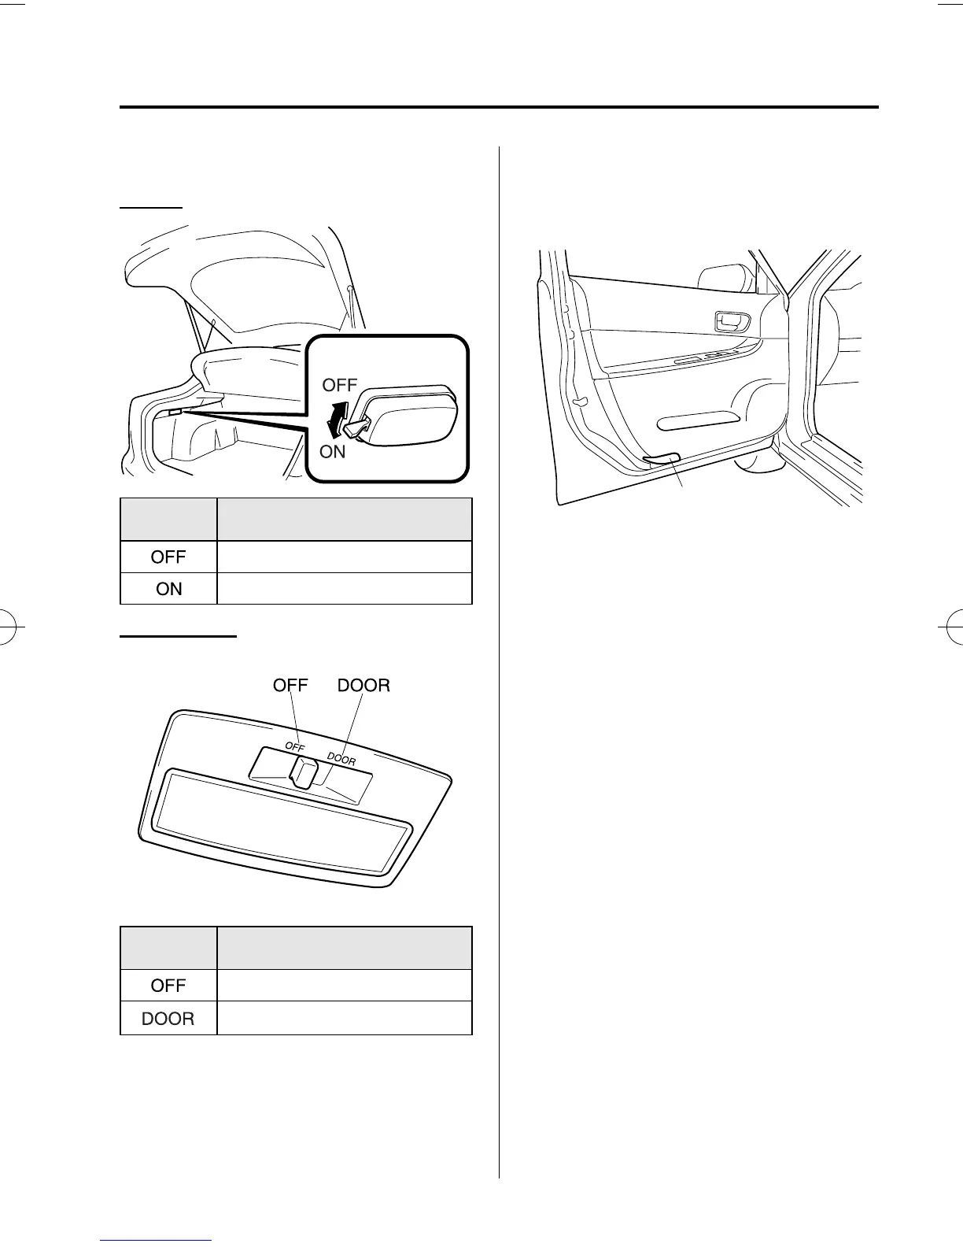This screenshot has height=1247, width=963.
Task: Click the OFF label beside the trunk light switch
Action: [x=339, y=386]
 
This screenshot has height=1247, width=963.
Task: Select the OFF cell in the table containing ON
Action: [x=168, y=557]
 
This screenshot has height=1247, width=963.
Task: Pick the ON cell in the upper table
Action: [x=168, y=588]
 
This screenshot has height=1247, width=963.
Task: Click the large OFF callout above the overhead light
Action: [x=290, y=686]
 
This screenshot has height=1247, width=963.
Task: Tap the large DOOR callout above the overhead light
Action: [x=363, y=686]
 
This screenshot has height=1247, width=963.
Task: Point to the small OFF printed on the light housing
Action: [x=294, y=746]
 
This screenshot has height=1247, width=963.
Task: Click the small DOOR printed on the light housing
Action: [x=341, y=759]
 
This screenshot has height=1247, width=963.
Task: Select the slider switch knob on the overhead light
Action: [x=304, y=772]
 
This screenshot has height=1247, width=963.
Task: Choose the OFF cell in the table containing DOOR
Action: [x=168, y=985]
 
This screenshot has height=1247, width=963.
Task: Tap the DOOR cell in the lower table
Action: [x=168, y=1019]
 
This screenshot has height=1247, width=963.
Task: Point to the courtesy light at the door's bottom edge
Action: [x=662, y=458]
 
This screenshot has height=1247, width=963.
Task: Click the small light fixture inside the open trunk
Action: [x=175, y=412]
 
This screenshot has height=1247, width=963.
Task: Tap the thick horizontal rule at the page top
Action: [x=499, y=107]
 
